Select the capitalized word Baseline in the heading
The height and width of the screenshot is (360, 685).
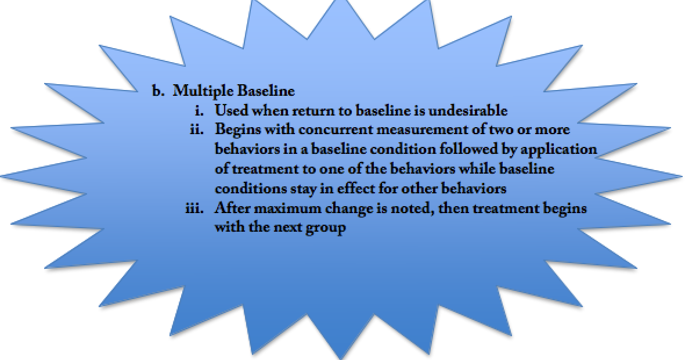(x=266, y=91)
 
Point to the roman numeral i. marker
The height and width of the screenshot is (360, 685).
(x=200, y=110)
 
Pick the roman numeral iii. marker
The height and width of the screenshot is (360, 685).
(x=195, y=208)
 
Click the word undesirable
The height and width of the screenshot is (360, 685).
(x=468, y=110)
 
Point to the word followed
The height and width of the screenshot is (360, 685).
(x=470, y=149)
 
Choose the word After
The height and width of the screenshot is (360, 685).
(x=232, y=208)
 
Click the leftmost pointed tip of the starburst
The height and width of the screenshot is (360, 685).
(x=1, y=177)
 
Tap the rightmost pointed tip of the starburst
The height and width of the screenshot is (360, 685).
(x=682, y=177)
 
